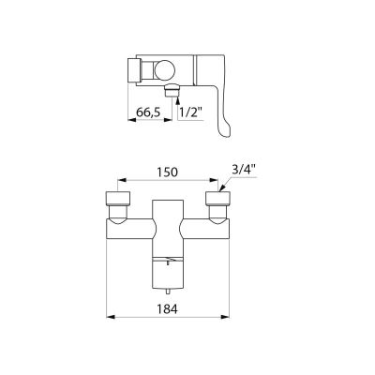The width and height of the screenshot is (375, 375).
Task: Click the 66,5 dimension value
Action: point(148,112)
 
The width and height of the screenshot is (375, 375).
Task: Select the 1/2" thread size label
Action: point(191,112)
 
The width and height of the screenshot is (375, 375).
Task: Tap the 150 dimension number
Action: point(167,172)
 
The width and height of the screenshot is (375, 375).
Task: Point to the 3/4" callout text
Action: point(244,171)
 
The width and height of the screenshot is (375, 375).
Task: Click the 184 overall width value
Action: point(167,309)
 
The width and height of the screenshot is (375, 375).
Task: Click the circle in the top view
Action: point(163,70)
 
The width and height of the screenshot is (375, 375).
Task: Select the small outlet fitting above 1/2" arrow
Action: point(172,90)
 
